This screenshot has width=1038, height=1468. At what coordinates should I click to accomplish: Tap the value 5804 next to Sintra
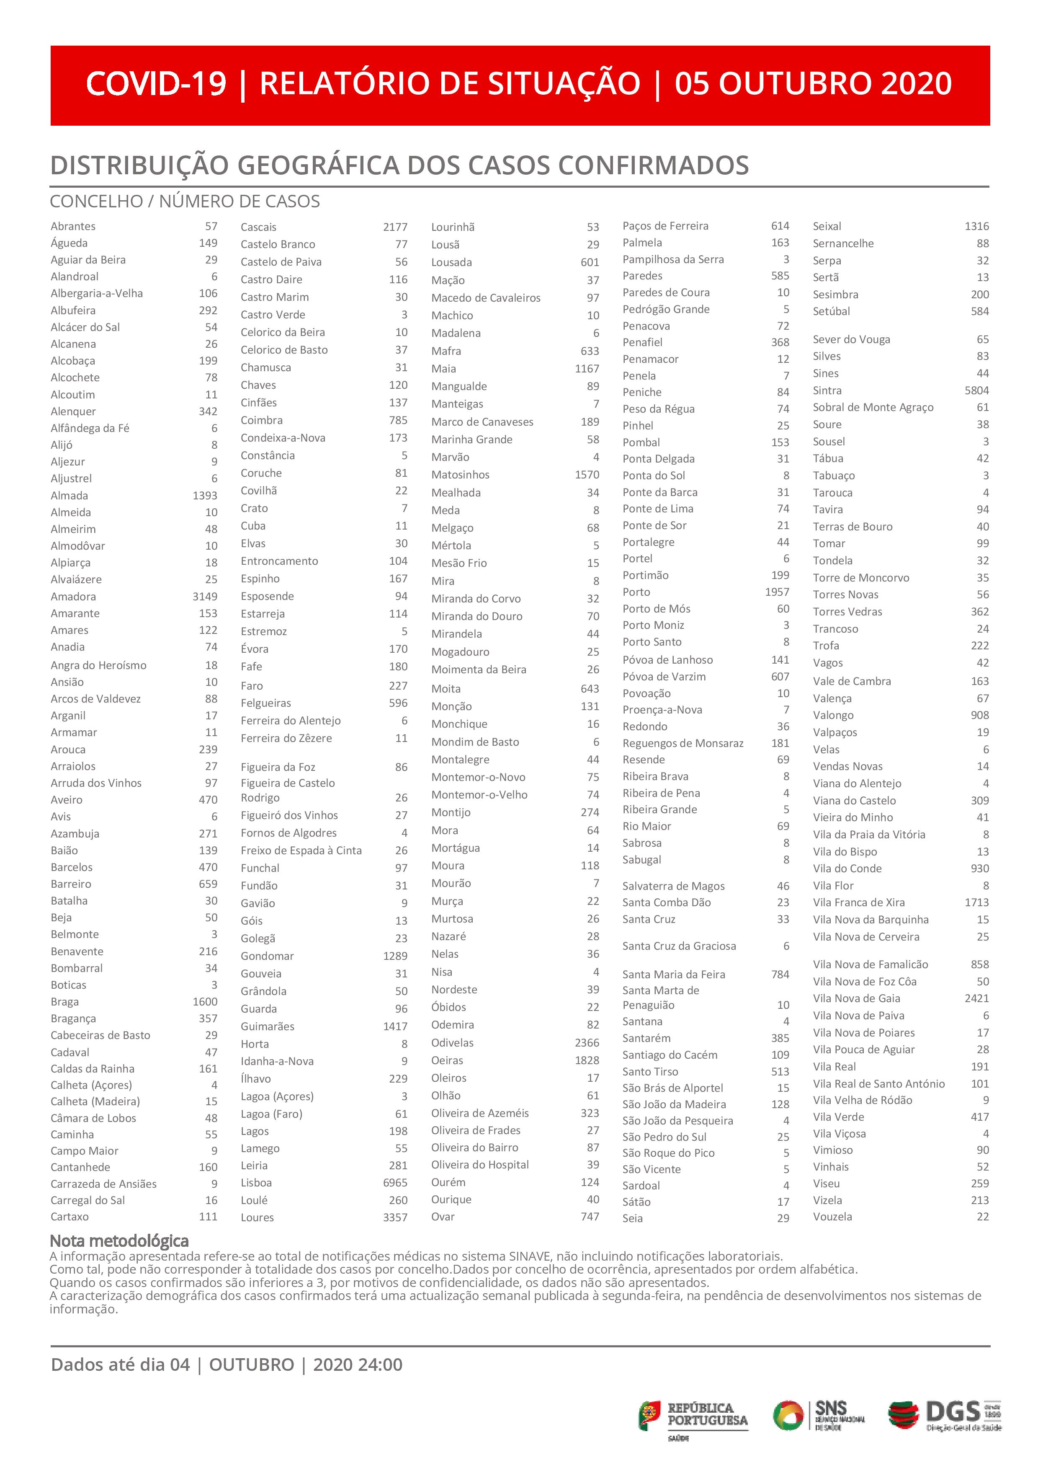[x=976, y=390]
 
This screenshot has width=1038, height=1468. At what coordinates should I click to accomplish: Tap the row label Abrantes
[x=73, y=226]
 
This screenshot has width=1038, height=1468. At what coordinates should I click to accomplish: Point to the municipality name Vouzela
[x=832, y=1217]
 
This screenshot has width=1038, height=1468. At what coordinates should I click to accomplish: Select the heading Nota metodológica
[x=119, y=1241]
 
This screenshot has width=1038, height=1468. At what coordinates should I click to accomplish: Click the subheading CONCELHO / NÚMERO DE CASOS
[x=185, y=202]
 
